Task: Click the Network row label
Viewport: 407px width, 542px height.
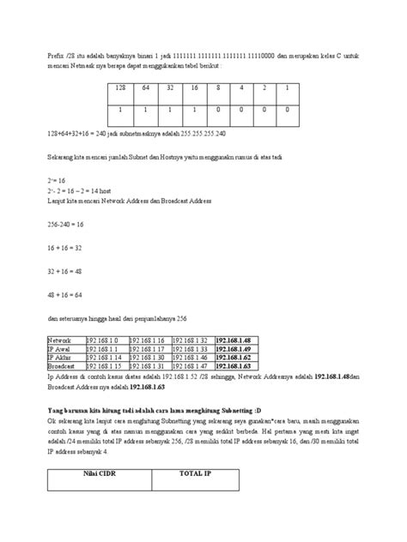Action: (61, 340)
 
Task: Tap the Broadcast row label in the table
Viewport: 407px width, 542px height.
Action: (63, 365)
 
